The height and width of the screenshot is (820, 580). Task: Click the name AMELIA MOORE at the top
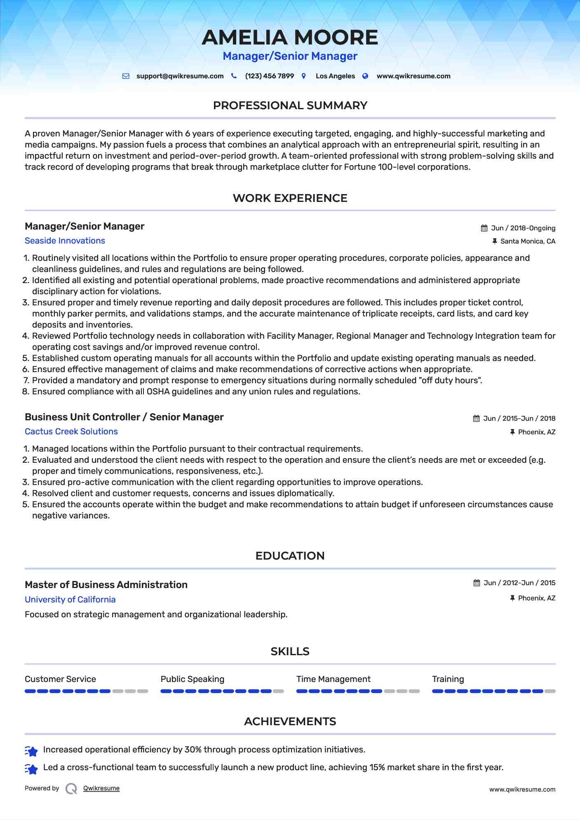[290, 37]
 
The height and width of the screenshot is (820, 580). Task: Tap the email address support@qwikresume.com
[180, 76]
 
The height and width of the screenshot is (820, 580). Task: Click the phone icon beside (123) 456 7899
[234, 76]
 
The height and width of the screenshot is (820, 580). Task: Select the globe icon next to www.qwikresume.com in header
[365, 76]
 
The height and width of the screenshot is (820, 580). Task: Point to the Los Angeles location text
[335, 76]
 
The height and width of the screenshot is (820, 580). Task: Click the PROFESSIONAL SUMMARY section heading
[290, 105]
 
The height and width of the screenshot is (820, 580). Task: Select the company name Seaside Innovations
[65, 241]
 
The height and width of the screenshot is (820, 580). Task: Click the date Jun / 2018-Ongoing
[523, 228]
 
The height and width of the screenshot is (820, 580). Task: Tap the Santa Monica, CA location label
[528, 241]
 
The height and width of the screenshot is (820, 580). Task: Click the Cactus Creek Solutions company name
[71, 431]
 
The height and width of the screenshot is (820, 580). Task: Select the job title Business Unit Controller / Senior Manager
[124, 417]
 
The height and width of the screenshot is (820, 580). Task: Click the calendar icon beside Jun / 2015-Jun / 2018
[476, 419]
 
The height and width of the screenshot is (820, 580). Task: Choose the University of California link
[70, 600]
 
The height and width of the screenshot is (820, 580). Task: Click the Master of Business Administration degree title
[106, 585]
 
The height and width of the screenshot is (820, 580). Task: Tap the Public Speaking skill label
[192, 679]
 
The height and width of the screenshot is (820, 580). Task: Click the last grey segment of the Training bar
[550, 691]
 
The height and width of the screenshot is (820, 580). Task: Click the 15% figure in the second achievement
[377, 767]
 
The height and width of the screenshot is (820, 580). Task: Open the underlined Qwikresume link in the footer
[101, 788]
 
